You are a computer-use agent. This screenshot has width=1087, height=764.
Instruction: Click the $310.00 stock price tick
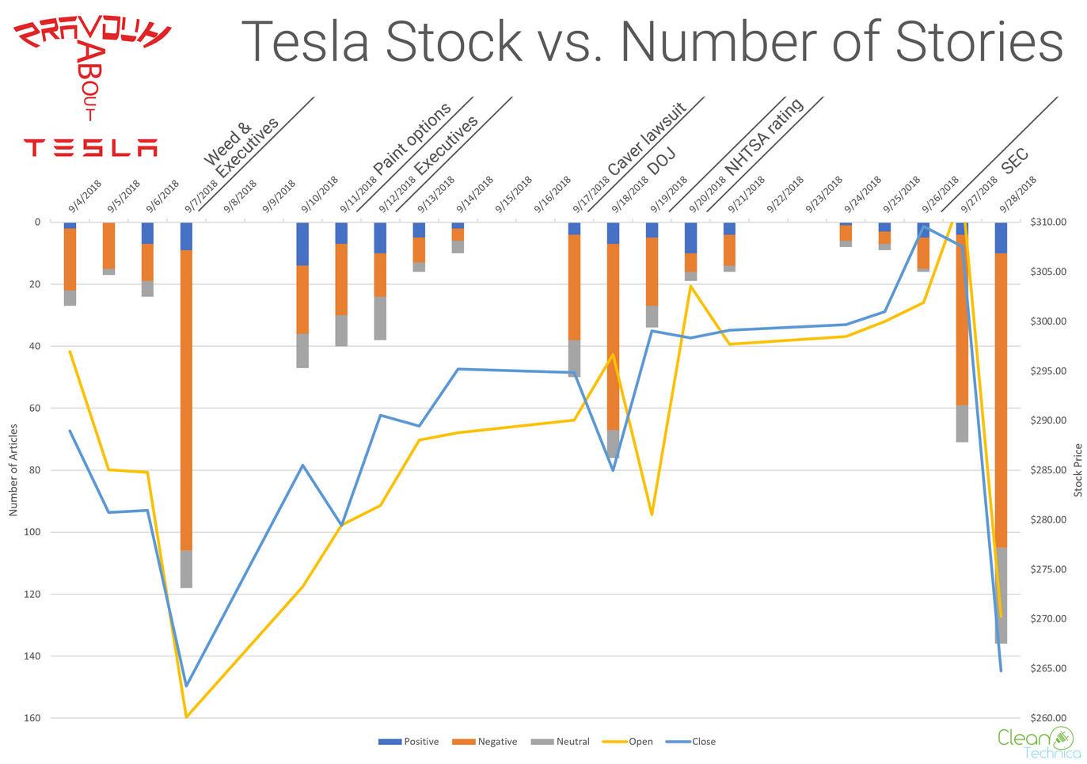click(1048, 222)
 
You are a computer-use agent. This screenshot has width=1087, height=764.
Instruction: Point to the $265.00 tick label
click(1048, 669)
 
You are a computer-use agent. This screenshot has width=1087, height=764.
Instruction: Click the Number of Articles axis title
click(13, 470)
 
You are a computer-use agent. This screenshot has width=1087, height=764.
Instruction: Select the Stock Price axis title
click(1077, 470)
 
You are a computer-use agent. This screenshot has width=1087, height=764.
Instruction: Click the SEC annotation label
click(1015, 161)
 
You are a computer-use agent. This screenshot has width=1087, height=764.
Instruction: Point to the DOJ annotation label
click(661, 162)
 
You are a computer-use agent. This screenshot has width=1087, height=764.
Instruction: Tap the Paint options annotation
click(412, 138)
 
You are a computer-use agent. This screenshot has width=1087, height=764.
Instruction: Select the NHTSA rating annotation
click(764, 137)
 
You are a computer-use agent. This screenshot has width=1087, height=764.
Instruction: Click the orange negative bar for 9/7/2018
click(186, 400)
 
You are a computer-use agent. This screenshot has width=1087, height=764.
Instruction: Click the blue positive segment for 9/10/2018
click(302, 244)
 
